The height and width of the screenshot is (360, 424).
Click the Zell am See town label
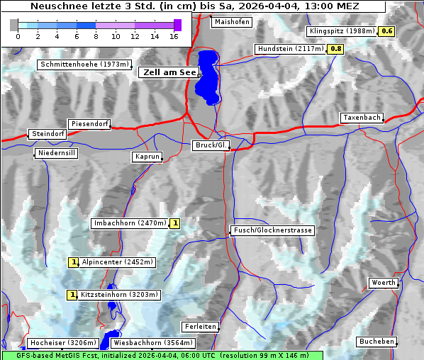[169, 72]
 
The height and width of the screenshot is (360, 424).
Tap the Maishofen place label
[231, 22]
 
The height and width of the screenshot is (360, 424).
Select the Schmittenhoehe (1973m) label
[84, 64]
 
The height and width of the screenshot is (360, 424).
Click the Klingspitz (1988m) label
[342, 31]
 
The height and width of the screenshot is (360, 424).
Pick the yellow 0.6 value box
[386, 31]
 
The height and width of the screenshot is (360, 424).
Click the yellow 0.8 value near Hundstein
[335, 49]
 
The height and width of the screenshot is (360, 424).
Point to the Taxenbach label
[362, 118]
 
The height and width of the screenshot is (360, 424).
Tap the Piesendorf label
[89, 124]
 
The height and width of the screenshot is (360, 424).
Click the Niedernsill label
[57, 154]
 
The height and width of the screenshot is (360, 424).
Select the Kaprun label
[147, 157]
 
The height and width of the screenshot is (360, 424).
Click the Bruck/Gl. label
[211, 145]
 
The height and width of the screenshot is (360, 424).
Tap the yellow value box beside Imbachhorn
[175, 223]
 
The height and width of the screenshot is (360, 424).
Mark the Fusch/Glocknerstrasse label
[272, 230]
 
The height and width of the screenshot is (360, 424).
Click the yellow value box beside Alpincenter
[73, 262]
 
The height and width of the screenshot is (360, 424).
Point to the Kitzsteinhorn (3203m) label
[120, 295]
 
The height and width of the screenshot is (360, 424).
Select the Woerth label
[384, 283]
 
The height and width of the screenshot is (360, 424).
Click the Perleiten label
[199, 327]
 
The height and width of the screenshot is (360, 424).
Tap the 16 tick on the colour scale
[174, 35]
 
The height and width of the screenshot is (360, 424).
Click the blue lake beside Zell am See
[207, 74]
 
